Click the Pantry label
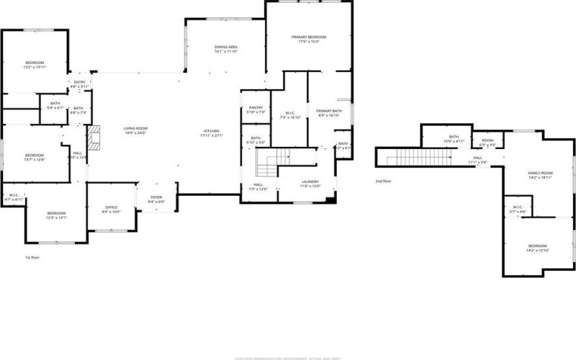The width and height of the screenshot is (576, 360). point(256,109)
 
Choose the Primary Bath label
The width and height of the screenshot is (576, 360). point(328,112)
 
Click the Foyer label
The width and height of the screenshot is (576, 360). point(156,199)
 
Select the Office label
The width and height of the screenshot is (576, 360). point(111,210)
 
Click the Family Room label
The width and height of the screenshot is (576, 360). point(540,175)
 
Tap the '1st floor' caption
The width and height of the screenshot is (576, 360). point(32,256)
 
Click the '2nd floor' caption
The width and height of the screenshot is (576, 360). point(384,181)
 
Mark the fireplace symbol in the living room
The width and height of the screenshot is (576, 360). point(92,138)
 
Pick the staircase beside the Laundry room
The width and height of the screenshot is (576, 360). point(276,162)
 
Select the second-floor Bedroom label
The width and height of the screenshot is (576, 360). point(539,248)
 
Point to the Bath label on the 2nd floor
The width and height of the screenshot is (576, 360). point(454,138)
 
